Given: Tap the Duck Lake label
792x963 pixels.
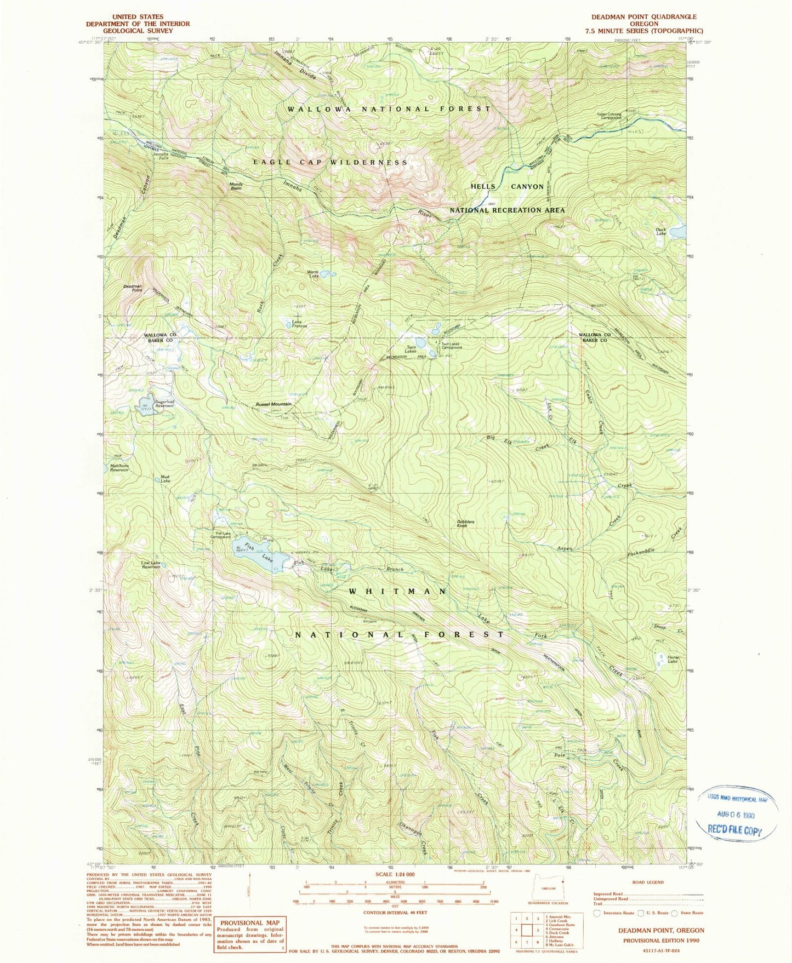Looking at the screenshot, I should point(661,232).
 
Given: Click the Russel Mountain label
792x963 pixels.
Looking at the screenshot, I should point(273,404).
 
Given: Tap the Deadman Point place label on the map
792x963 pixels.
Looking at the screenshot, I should point(133,288).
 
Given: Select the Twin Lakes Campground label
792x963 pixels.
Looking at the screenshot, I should point(453,346).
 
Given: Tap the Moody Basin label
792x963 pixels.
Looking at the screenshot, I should point(236,186).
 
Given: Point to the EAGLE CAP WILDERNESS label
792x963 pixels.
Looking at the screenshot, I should point(330,162).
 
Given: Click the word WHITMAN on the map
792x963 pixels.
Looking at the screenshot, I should point(397,591).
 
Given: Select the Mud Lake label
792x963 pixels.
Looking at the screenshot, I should point(165,478).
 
